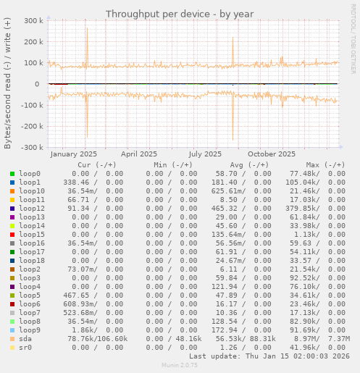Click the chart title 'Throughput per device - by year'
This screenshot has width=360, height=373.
tap(180, 14)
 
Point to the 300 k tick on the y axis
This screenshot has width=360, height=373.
tap(32, 21)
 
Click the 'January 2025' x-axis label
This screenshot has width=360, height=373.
tap(74, 154)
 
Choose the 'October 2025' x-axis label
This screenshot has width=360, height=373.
tap(272, 154)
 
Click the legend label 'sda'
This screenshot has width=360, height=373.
tap(25, 338)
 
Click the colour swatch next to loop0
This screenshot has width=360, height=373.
tap(12, 173)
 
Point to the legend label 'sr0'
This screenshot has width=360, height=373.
tap(25, 347)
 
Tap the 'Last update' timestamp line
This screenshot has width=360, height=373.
tap(269, 356)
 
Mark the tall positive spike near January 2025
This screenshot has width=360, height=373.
tap(87, 33)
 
